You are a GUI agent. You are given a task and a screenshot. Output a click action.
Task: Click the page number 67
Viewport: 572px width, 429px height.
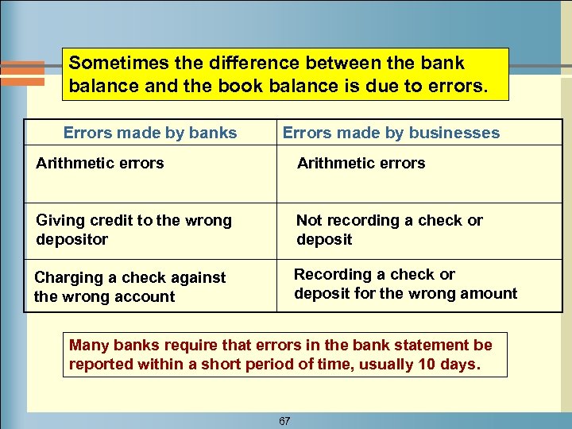[x=284, y=421]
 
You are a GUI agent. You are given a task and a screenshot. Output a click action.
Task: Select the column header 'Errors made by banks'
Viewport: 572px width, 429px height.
[x=150, y=133]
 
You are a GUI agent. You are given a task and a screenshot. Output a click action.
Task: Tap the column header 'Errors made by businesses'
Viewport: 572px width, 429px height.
[x=391, y=133]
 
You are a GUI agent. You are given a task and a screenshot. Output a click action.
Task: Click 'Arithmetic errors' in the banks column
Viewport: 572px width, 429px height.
[x=100, y=163]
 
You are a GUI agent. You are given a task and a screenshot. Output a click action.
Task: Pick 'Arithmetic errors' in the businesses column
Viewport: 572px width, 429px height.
[x=361, y=163]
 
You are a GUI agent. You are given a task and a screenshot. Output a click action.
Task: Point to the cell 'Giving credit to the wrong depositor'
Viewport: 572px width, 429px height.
[x=133, y=230]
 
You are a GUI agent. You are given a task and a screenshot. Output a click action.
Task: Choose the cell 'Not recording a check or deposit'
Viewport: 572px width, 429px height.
[x=389, y=230]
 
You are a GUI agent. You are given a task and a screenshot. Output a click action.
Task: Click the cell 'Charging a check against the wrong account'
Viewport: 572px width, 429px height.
[x=129, y=287]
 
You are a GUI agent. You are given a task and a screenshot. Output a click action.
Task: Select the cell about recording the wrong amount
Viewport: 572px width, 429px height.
[x=405, y=284]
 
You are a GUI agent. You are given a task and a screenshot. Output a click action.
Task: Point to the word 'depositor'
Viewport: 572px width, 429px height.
[x=71, y=239]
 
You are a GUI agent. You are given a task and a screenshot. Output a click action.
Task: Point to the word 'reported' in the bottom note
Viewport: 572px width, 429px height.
[x=101, y=365]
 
